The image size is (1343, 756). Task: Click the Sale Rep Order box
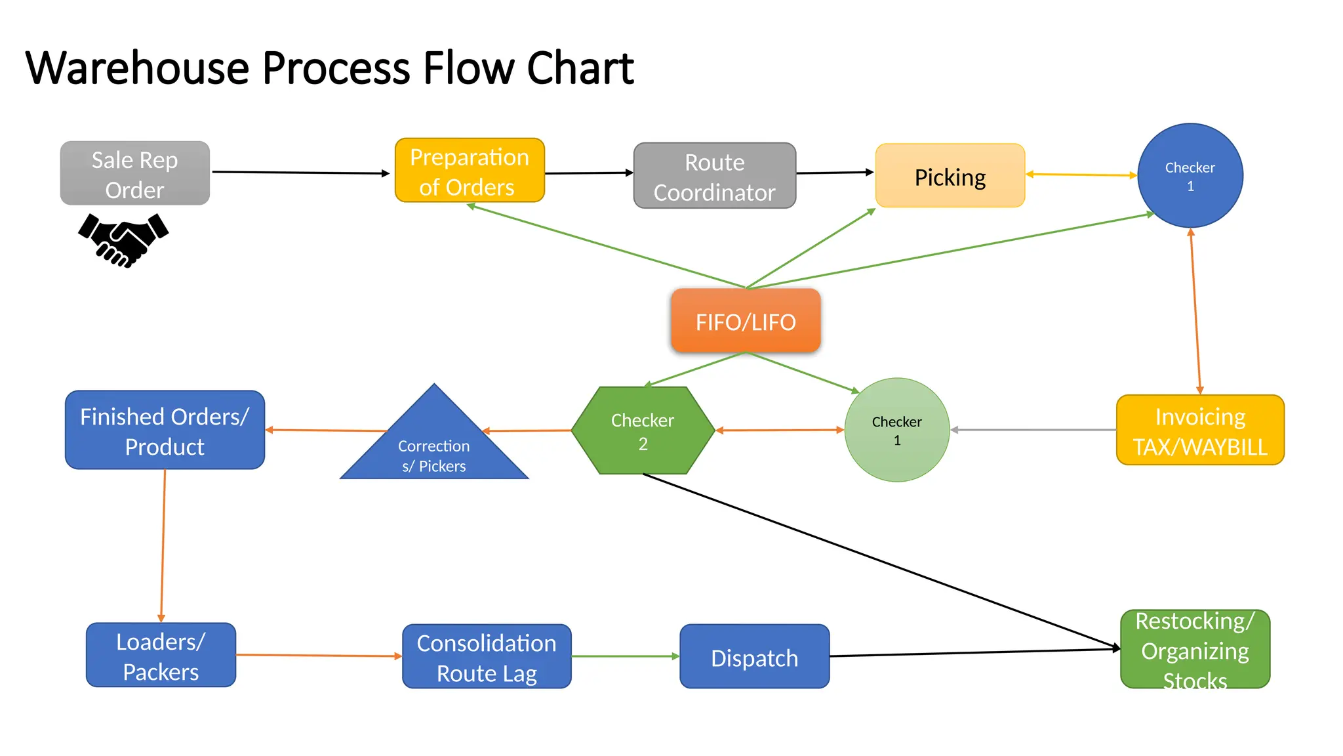point(134,174)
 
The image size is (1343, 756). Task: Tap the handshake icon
point(123,240)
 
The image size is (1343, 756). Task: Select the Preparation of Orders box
point(470,171)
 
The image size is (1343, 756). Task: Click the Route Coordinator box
point(714,176)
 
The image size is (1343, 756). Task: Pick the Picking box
point(950,176)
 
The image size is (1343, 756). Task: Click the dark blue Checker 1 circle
point(1190,176)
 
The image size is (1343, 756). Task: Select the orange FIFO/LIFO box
point(746,321)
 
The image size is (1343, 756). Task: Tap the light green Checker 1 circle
point(896,430)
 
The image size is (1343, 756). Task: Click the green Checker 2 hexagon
point(643,430)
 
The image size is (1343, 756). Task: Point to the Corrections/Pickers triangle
point(434,446)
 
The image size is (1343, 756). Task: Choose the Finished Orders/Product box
point(165,430)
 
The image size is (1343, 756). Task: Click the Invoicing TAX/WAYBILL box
point(1199,430)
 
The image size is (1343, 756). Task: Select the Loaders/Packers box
point(161,655)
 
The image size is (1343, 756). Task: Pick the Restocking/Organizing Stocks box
point(1195,650)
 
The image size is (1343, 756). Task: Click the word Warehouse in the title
point(138,68)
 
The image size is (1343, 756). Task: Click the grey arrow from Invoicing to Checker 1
point(1033,430)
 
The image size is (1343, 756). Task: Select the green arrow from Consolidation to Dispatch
point(625,656)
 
